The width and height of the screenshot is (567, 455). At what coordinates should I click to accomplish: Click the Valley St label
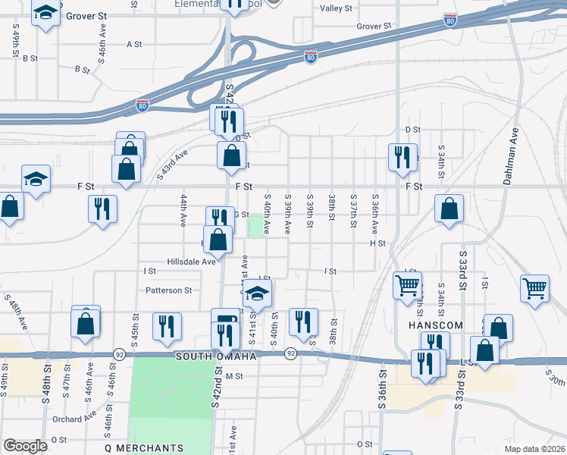pos(337,8)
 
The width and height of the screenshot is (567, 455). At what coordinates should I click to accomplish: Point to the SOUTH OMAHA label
pos(215,356)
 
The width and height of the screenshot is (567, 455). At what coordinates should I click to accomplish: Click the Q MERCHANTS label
pos(144,448)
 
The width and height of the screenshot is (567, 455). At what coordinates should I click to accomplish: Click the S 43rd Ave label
pos(173,165)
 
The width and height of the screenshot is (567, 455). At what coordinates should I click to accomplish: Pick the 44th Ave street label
pos(183,210)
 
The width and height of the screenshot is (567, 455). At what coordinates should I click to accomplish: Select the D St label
pos(412,130)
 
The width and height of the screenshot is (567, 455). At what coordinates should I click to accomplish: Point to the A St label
pos(135,44)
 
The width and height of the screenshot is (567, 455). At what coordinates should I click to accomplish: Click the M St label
pos(233,376)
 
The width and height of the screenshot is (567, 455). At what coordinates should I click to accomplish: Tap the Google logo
pos(26,446)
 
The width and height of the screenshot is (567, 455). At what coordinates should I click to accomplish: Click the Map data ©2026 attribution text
pos(535,449)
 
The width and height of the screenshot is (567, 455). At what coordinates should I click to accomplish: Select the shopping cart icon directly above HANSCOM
pos(407,285)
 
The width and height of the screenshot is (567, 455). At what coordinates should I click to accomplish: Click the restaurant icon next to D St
pos(401,156)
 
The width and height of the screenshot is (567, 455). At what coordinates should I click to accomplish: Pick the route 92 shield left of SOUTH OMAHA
pos(119,354)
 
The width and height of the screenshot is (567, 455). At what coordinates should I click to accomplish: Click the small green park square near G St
pos(257,224)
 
